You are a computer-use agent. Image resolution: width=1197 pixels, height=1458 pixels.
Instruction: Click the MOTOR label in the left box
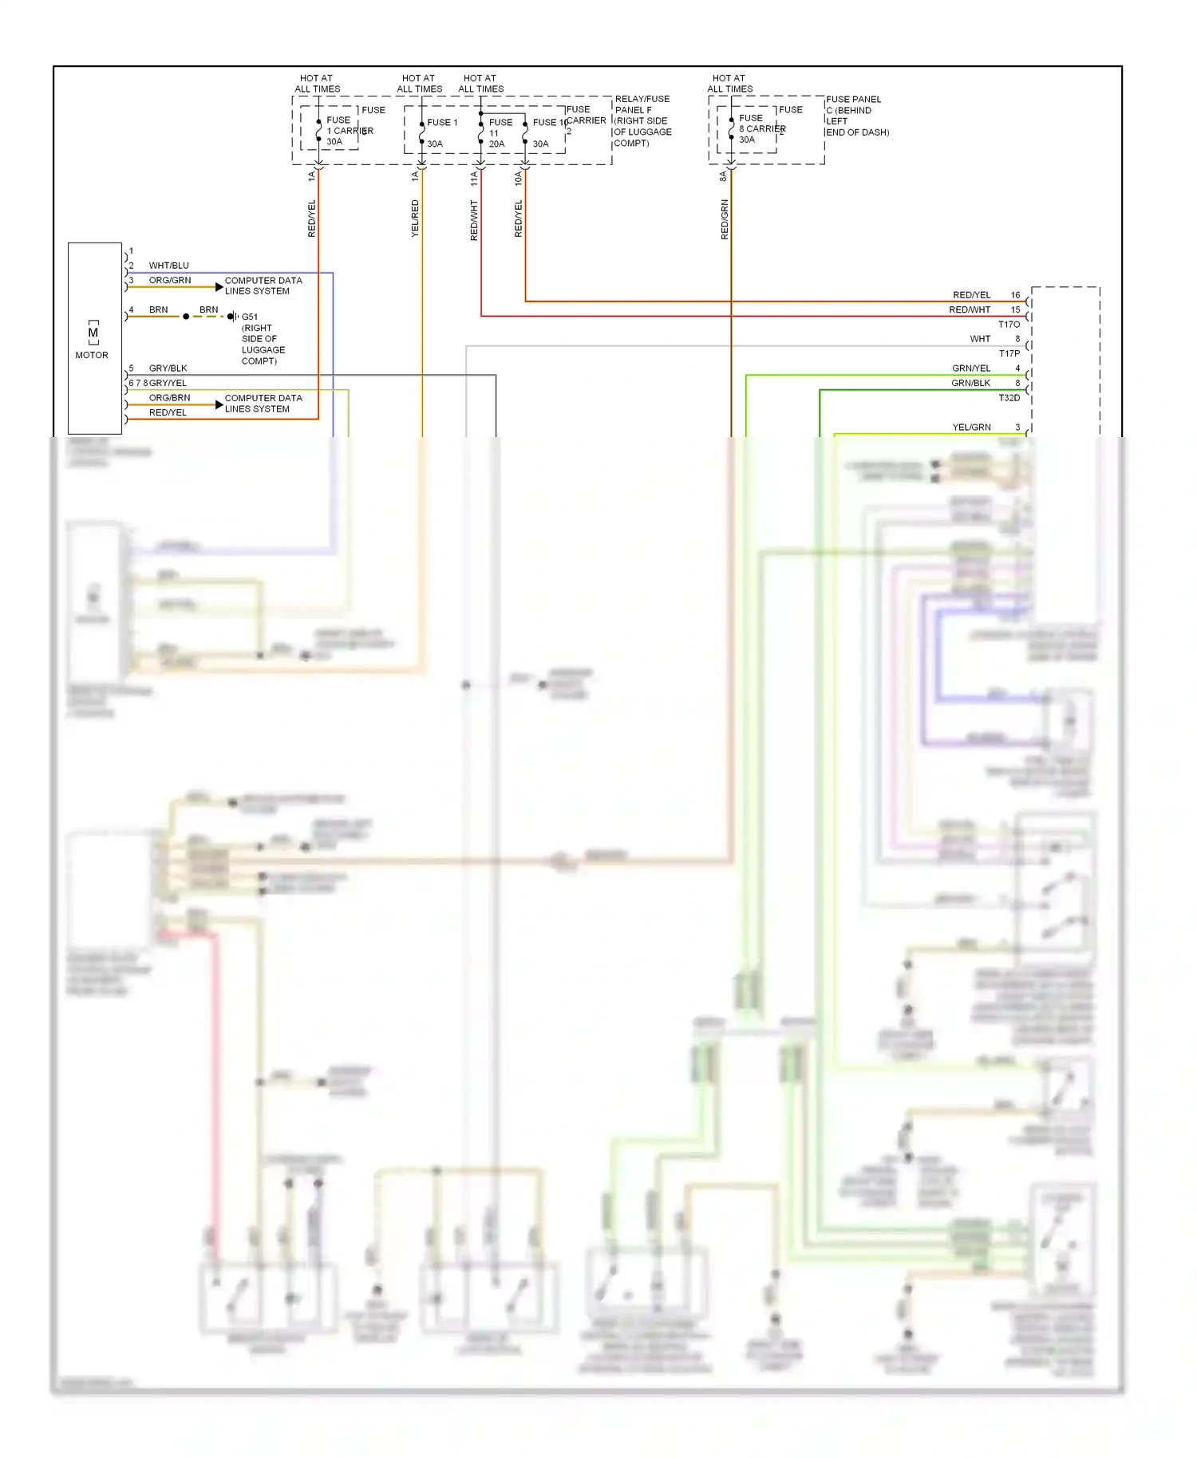pyautogui.click(x=92, y=355)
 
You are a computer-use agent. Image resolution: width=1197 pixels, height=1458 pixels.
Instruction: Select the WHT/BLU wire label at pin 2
pyautogui.click(x=168, y=266)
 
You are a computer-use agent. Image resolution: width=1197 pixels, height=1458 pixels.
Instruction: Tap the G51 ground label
pyautogui.click(x=250, y=317)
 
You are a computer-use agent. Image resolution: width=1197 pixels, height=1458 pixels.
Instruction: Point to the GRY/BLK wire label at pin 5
pyautogui.click(x=168, y=368)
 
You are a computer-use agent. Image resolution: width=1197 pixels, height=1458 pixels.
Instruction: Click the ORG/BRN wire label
pyautogui.click(x=169, y=398)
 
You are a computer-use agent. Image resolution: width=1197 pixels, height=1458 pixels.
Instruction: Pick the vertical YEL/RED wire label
pyautogui.click(x=415, y=218)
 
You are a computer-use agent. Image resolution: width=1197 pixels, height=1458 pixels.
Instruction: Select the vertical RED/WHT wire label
pyautogui.click(x=474, y=220)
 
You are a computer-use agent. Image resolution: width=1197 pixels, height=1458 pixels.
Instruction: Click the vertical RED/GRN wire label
pyautogui.click(x=725, y=219)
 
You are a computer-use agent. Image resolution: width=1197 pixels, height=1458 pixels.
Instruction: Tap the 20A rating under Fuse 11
pyautogui.click(x=496, y=144)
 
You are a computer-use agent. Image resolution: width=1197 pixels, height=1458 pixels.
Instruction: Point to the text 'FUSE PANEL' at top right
pyautogui.click(x=853, y=100)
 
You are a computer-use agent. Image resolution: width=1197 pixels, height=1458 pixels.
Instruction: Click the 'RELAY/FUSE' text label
pyautogui.click(x=642, y=99)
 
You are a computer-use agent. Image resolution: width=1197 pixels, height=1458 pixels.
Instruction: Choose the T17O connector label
pyautogui.click(x=1009, y=325)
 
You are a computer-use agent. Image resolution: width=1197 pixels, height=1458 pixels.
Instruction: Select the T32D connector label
pyautogui.click(x=1009, y=398)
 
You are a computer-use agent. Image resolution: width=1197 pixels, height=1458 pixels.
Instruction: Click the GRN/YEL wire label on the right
pyautogui.click(x=970, y=368)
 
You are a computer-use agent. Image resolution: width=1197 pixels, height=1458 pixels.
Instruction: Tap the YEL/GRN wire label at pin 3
pyautogui.click(x=971, y=428)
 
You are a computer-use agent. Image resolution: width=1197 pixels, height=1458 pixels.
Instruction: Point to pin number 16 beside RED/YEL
pyautogui.click(x=1015, y=295)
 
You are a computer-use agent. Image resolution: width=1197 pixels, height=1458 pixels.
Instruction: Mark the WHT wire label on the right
pyautogui.click(x=980, y=339)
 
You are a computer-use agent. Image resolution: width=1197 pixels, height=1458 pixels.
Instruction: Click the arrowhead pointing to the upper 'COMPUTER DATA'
pyautogui.click(x=219, y=287)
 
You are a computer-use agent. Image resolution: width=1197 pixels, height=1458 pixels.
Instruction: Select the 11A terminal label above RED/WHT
pyautogui.click(x=474, y=178)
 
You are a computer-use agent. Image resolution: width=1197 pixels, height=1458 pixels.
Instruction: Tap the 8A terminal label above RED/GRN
pyautogui.click(x=724, y=176)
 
